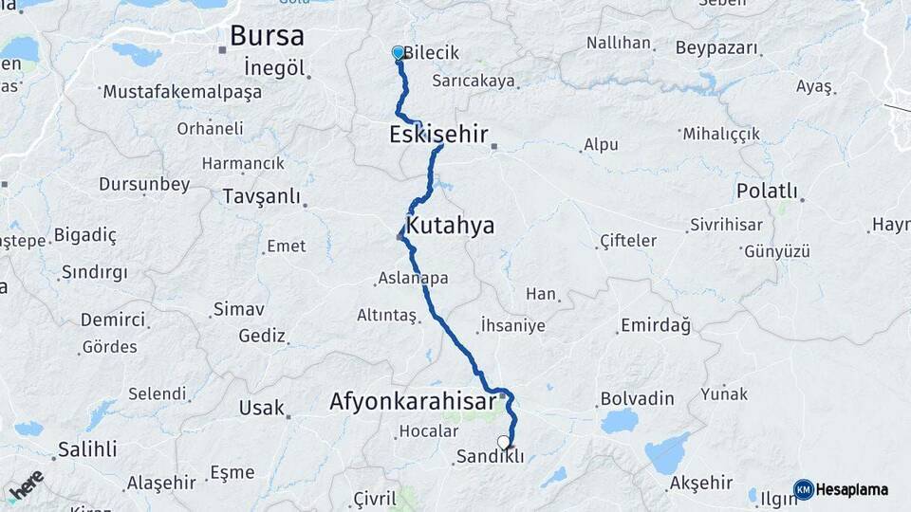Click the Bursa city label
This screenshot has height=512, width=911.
point(267,36)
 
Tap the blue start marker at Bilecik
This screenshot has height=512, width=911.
point(399,54)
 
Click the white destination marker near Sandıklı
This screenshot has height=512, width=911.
point(503,442)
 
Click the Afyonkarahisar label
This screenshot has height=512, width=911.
point(412,401)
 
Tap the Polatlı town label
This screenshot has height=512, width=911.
point(767,191)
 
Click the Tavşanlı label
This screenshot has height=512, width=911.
point(260,196)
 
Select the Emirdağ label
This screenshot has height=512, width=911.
point(655,325)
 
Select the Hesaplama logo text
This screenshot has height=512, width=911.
point(850,489)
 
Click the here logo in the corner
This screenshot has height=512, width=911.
point(27,486)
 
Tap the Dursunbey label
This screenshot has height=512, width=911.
point(144,184)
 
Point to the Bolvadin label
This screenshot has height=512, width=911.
point(637,398)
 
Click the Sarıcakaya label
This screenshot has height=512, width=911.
point(473,81)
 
